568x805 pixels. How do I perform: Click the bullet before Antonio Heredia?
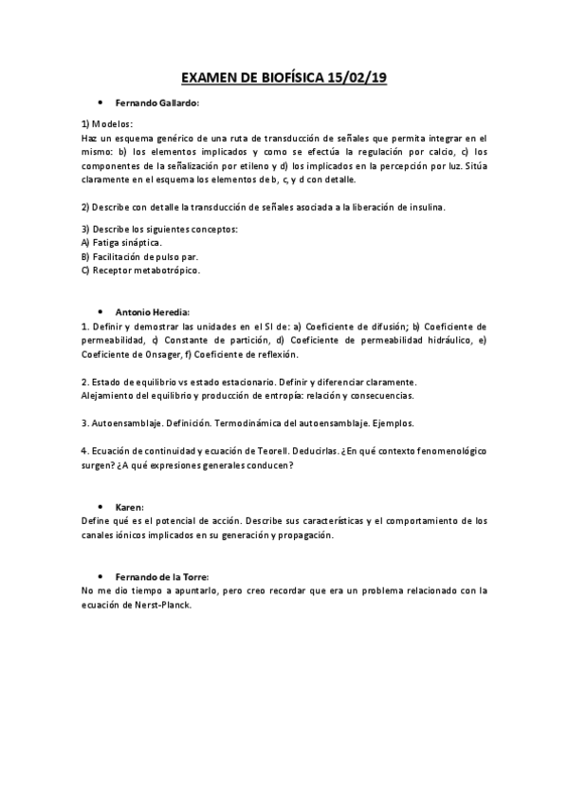[x=100, y=311]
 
